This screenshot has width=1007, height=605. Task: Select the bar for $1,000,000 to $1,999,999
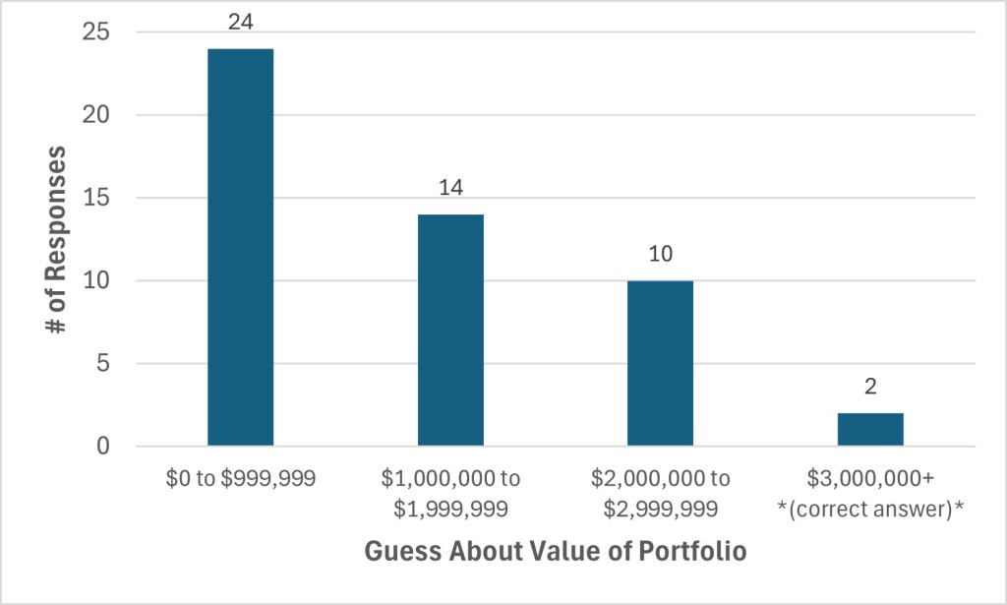(x=450, y=331)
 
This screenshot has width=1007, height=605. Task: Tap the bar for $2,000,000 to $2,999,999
(x=660, y=364)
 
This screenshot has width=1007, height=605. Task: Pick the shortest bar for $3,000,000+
(x=870, y=430)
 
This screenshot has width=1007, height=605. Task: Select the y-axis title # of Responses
(x=58, y=239)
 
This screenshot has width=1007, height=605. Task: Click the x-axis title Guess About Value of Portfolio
(x=555, y=552)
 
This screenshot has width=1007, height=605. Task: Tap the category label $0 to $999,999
(x=240, y=479)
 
